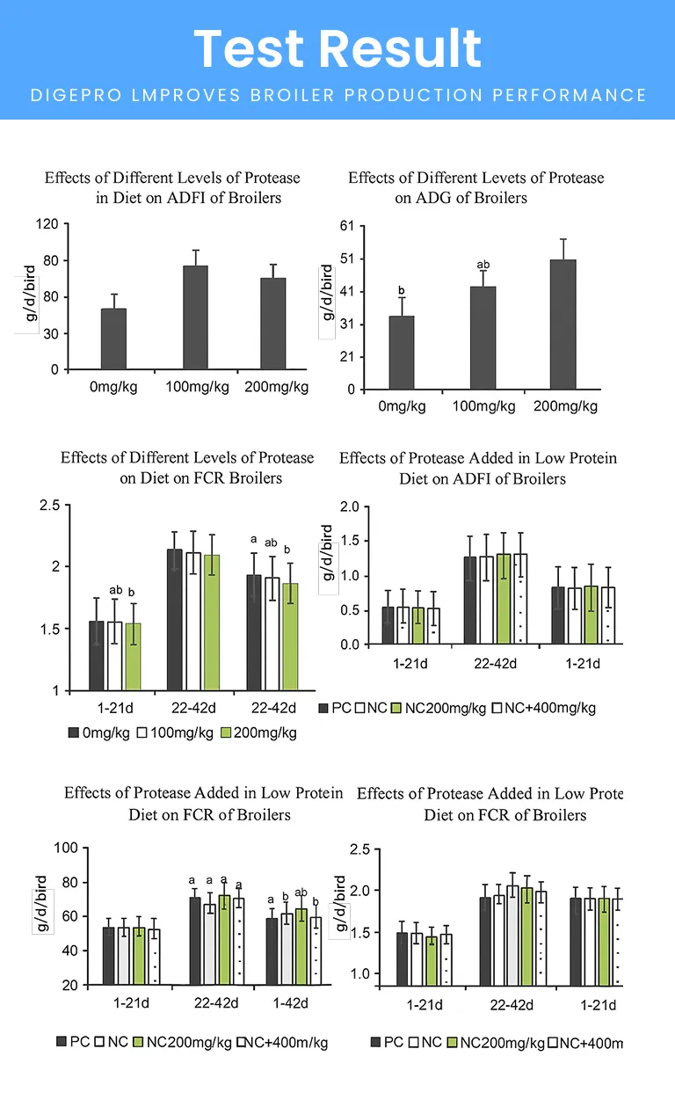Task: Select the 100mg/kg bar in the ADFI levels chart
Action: coord(195,317)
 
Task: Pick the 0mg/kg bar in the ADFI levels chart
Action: coord(113,339)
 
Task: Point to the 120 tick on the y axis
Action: coord(48,225)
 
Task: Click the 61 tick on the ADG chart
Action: coord(346,226)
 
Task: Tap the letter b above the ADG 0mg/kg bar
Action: coord(401,291)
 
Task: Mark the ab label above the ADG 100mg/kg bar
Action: coord(483,265)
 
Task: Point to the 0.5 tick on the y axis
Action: coord(350,610)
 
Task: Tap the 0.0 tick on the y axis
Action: coord(350,645)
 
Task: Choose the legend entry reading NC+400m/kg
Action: coord(281,1043)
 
